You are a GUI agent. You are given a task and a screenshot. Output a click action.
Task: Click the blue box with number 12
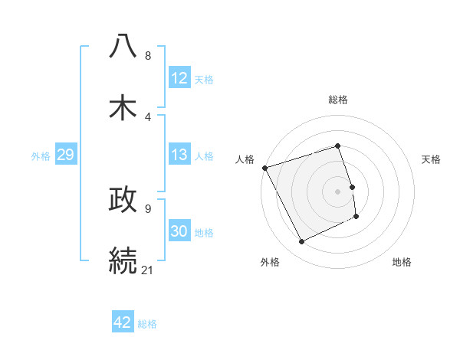click(179, 78)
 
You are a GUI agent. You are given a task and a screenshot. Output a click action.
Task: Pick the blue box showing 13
click(179, 155)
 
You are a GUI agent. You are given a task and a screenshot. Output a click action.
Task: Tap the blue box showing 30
click(179, 232)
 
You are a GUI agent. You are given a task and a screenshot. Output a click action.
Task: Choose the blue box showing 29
click(65, 155)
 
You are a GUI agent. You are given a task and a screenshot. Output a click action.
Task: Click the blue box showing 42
click(123, 322)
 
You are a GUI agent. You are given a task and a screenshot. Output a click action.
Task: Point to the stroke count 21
click(148, 269)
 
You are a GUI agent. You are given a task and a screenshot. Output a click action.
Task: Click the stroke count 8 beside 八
click(148, 55)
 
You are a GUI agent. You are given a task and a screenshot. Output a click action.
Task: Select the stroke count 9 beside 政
click(148, 208)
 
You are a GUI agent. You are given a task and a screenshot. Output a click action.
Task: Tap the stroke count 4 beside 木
click(148, 116)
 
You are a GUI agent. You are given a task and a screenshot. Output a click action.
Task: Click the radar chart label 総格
click(338, 100)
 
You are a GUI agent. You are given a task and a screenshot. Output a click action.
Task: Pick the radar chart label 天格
click(432, 159)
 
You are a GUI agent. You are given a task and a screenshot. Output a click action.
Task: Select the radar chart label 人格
click(245, 159)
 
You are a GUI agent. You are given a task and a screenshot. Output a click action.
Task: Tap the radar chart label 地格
click(402, 263)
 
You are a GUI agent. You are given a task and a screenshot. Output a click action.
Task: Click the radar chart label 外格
click(270, 263)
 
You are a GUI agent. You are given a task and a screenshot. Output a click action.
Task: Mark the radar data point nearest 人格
click(264, 168)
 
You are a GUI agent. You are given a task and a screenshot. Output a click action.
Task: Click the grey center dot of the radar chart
click(338, 191)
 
